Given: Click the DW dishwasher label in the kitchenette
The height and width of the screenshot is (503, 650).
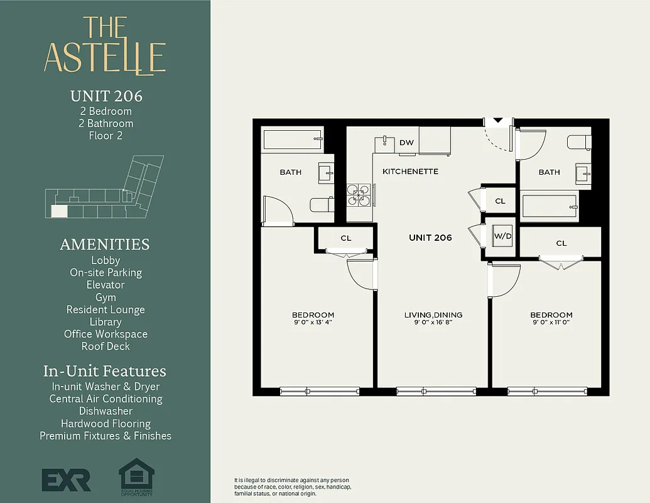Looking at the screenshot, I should click(406, 143).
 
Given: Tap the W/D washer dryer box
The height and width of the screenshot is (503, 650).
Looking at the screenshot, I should click(502, 236).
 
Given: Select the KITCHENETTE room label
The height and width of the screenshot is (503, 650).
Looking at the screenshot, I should click(410, 171).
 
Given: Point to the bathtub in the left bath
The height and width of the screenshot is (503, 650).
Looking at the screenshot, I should click(293, 140).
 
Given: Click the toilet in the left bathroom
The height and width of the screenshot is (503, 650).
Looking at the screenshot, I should click(320, 205).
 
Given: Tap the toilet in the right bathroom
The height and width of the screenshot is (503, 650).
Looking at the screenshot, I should click(578, 142).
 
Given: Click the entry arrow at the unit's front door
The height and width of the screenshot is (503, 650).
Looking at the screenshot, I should click(498, 120).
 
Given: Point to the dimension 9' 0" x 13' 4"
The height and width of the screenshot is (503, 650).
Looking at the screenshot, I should click(313, 323).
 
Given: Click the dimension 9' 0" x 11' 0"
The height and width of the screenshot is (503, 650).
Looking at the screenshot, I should click(551, 323).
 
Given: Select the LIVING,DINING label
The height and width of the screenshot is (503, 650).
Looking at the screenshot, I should click(433, 315).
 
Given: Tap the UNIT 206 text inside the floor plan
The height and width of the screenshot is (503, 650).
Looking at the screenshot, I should click(430, 238).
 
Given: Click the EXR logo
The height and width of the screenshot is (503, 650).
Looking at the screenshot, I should click(66, 480).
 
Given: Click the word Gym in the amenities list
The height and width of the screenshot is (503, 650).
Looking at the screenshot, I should click(106, 297).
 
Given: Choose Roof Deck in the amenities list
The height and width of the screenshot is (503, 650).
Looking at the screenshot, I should click(106, 346).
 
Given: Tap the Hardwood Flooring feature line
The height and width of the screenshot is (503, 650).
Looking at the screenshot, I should click(106, 424).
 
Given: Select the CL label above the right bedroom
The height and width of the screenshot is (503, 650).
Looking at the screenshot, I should click(561, 243).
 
